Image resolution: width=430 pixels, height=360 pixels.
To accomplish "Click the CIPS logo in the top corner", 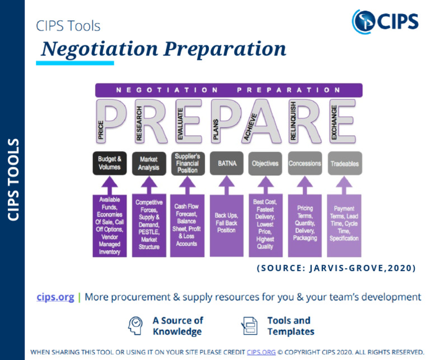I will (x=385, y=21).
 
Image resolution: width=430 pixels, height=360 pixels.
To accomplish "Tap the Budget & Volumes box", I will (x=110, y=163).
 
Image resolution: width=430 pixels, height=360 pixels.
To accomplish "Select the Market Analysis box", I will (x=148, y=163).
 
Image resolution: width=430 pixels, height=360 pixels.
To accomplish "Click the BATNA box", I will (x=226, y=163).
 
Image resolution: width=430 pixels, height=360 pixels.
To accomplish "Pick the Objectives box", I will (x=265, y=163).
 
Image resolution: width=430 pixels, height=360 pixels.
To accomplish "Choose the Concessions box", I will (x=305, y=163).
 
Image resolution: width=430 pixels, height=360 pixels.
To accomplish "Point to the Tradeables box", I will (x=344, y=163).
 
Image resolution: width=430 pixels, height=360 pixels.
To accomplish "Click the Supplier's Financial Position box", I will (x=188, y=163).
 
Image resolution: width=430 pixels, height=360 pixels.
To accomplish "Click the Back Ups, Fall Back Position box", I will (x=226, y=223).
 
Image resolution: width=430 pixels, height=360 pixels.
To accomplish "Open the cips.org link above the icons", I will (x=55, y=297).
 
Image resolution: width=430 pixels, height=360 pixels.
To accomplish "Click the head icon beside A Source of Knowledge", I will (x=136, y=326).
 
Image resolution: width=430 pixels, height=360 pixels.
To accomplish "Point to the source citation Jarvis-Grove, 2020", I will (x=336, y=268).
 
